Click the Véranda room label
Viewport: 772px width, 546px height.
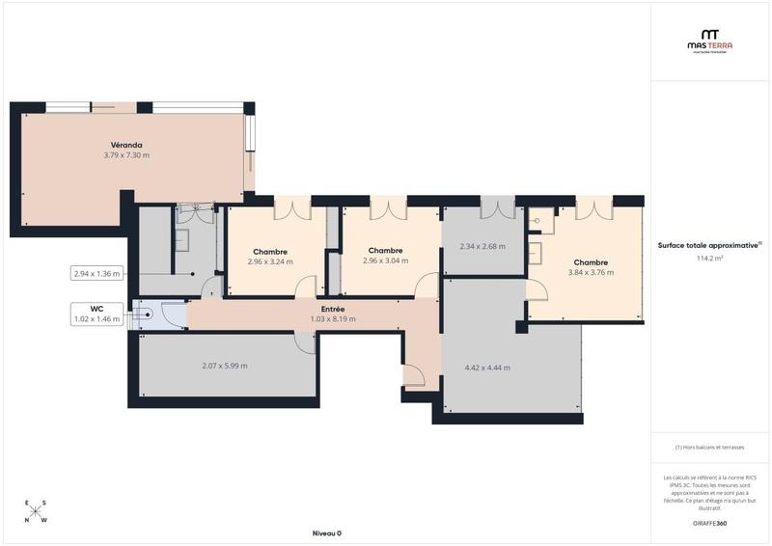coord(125,145)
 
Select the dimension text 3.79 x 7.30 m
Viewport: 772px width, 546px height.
coord(125,155)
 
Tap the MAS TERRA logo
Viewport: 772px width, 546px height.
coord(709,40)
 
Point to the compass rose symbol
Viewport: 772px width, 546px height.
coord(36,511)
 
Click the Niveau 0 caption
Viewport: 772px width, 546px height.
coord(326,533)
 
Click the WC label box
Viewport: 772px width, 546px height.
coord(96,314)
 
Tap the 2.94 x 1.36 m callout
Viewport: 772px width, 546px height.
coord(96,273)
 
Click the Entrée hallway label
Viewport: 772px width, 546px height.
coord(332,309)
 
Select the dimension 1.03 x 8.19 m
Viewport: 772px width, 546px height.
coord(332,318)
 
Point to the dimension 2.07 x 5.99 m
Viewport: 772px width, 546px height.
coord(224,366)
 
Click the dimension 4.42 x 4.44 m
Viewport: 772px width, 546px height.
coord(486,368)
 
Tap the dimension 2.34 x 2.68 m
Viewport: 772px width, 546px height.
coord(482,246)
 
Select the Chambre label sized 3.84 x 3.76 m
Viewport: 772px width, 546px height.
coord(590,262)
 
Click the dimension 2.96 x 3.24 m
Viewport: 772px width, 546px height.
coord(268,262)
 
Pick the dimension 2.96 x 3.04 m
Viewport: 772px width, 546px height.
coord(384,260)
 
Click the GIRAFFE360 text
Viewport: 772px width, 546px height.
coord(709,523)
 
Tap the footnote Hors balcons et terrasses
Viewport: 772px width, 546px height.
coord(710,448)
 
